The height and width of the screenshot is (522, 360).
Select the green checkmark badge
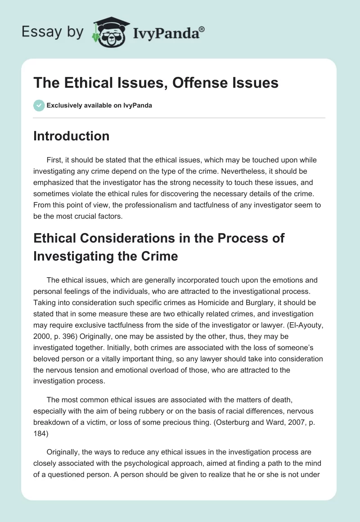click(x=39, y=105)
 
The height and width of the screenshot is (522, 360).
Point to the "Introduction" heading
click(x=71, y=136)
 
